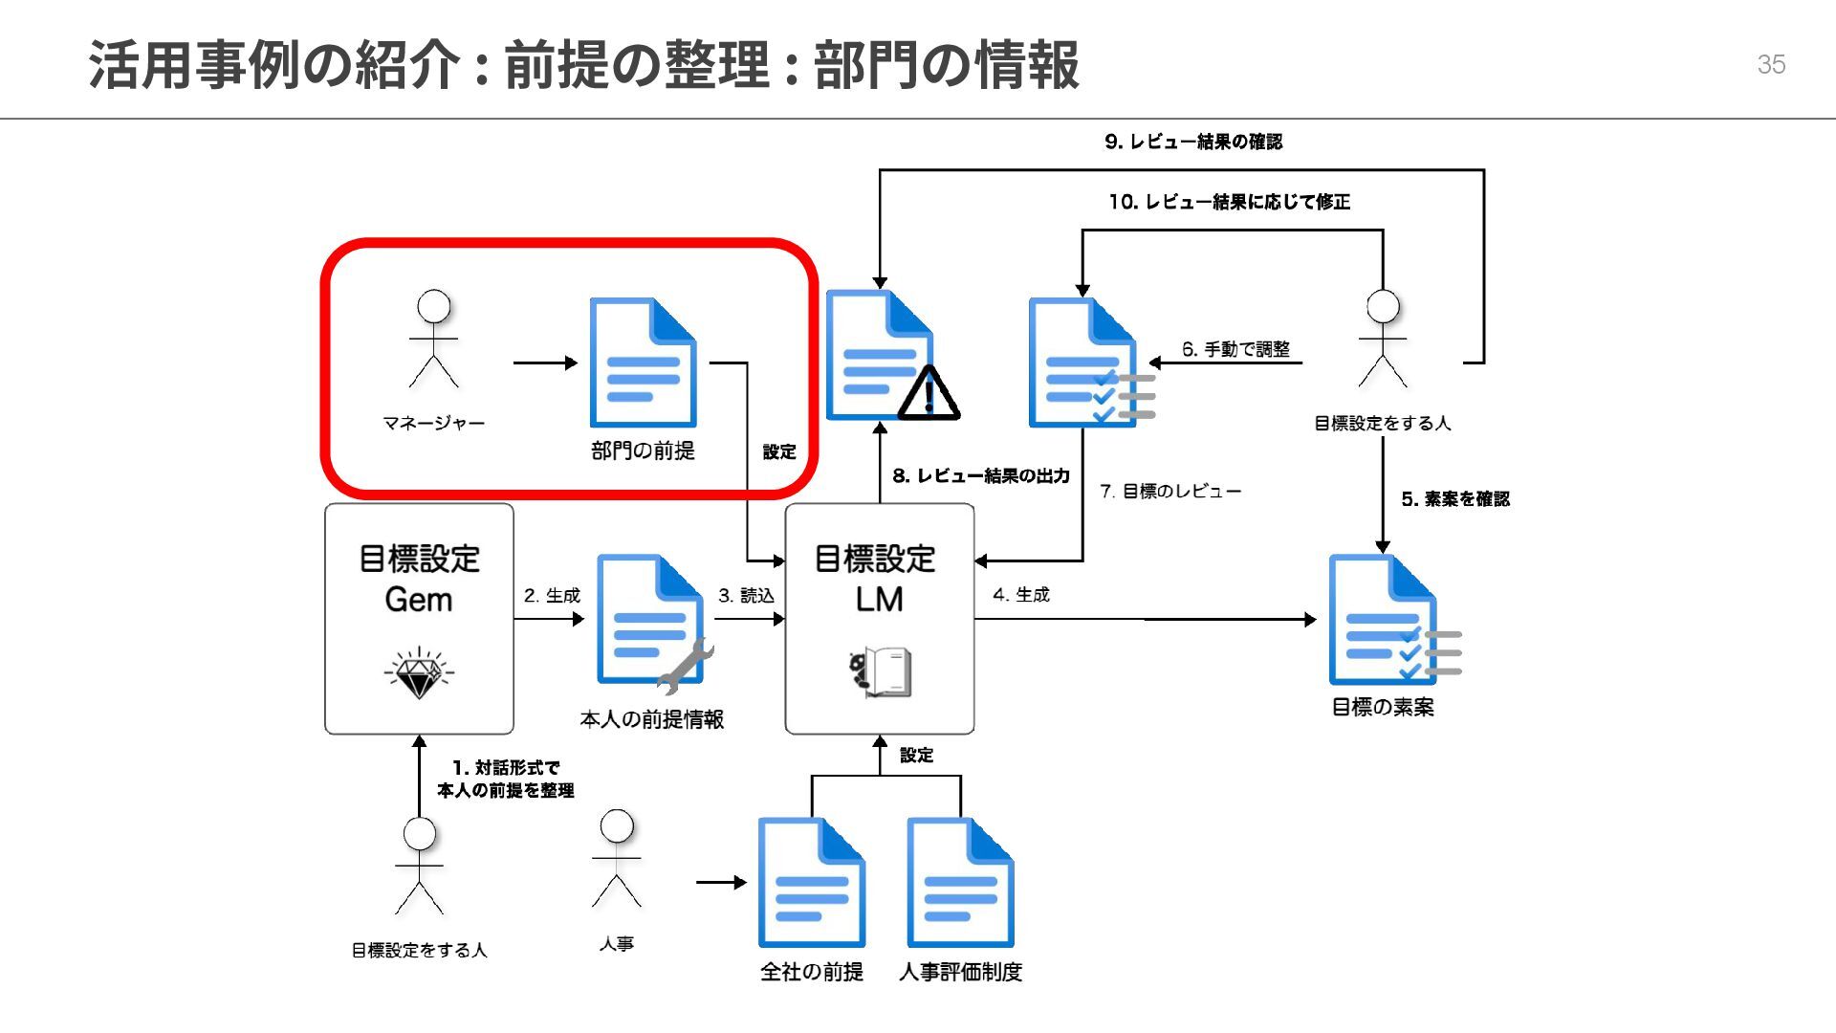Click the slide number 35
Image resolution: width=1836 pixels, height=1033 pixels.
point(1771,64)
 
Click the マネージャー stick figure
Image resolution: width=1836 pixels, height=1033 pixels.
point(434,340)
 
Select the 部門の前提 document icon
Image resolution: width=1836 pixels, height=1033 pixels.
point(643,363)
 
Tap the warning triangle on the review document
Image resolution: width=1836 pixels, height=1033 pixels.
point(928,394)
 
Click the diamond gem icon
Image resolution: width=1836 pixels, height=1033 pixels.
point(418,673)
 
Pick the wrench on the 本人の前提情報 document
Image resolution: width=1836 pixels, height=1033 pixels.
point(686,666)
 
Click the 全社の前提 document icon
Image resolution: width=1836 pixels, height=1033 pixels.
point(811,882)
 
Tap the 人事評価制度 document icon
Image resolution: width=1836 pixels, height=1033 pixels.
point(960,882)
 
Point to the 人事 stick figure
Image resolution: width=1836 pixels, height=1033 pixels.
point(617,859)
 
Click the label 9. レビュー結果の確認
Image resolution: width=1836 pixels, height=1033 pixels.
point(1193,142)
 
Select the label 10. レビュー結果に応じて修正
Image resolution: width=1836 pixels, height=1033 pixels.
point(1229,202)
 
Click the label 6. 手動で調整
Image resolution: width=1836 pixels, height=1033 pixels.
point(1235,349)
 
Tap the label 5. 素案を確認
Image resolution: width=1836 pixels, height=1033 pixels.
point(1454,498)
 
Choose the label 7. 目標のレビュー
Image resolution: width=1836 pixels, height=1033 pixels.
point(1170,491)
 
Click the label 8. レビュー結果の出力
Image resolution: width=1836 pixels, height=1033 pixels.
point(980,475)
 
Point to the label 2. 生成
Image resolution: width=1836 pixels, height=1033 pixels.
point(552,595)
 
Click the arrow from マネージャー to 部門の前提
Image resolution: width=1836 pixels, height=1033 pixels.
point(545,363)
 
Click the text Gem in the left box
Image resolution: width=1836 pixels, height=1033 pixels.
point(418,600)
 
